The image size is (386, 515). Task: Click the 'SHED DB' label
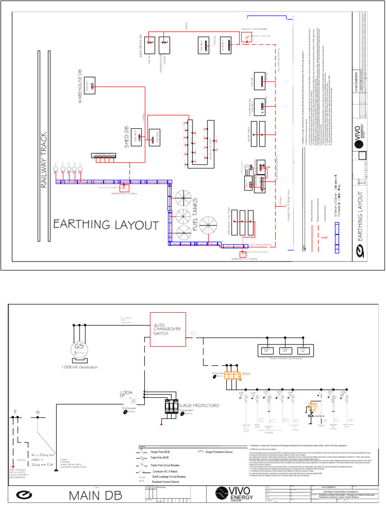tap(128, 135)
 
